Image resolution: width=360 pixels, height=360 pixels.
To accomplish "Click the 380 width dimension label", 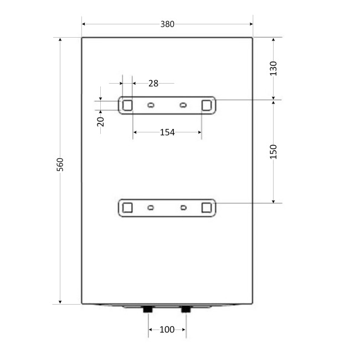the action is click(x=167, y=24).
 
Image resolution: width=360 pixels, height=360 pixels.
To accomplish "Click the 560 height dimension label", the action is click(x=60, y=164).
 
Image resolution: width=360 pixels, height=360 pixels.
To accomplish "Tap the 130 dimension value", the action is click(x=273, y=68).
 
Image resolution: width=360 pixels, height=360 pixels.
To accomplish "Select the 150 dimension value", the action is click(x=273, y=152).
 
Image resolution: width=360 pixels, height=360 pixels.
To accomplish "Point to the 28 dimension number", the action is click(x=153, y=83).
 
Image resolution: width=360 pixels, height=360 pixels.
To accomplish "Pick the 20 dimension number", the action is click(x=101, y=122).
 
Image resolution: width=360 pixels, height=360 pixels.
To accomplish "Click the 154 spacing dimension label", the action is click(x=167, y=132).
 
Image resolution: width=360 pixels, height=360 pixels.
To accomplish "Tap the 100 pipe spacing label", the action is click(x=167, y=330).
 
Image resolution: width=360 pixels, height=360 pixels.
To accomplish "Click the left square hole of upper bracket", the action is click(x=127, y=105).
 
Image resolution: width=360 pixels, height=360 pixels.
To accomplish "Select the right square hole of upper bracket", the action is click(x=207, y=105).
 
